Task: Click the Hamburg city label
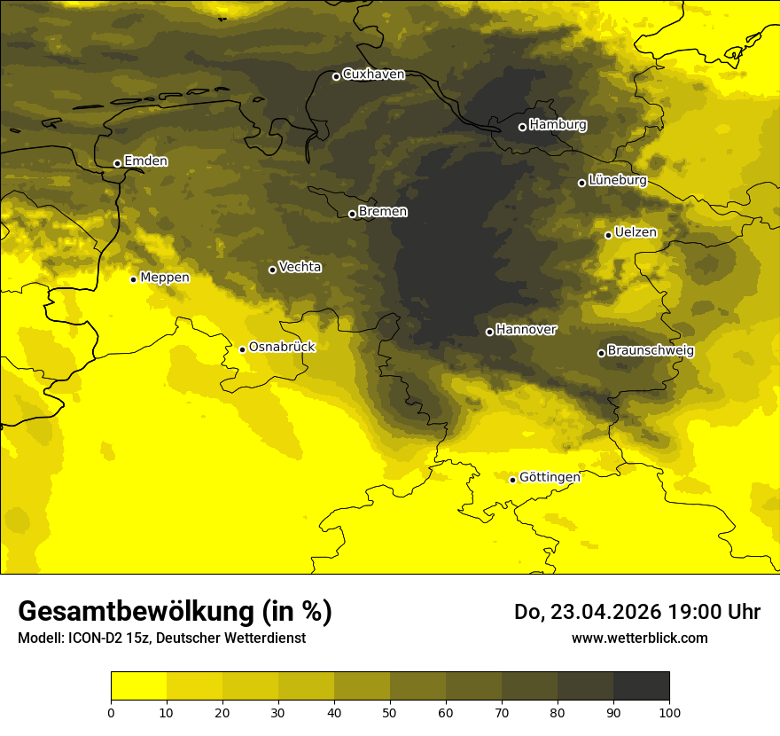558,125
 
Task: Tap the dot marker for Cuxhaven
336,76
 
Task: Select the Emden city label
145,161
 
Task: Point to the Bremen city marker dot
352,214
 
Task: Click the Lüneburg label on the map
617,181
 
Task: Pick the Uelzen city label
636,233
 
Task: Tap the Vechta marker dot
272,270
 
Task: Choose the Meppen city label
165,278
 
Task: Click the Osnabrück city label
282,348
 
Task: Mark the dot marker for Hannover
489,332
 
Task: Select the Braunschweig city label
651,351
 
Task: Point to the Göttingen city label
550,478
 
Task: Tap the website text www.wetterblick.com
639,638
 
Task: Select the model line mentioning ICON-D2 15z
161,638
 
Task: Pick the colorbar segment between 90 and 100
641,686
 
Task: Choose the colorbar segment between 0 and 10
138,686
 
